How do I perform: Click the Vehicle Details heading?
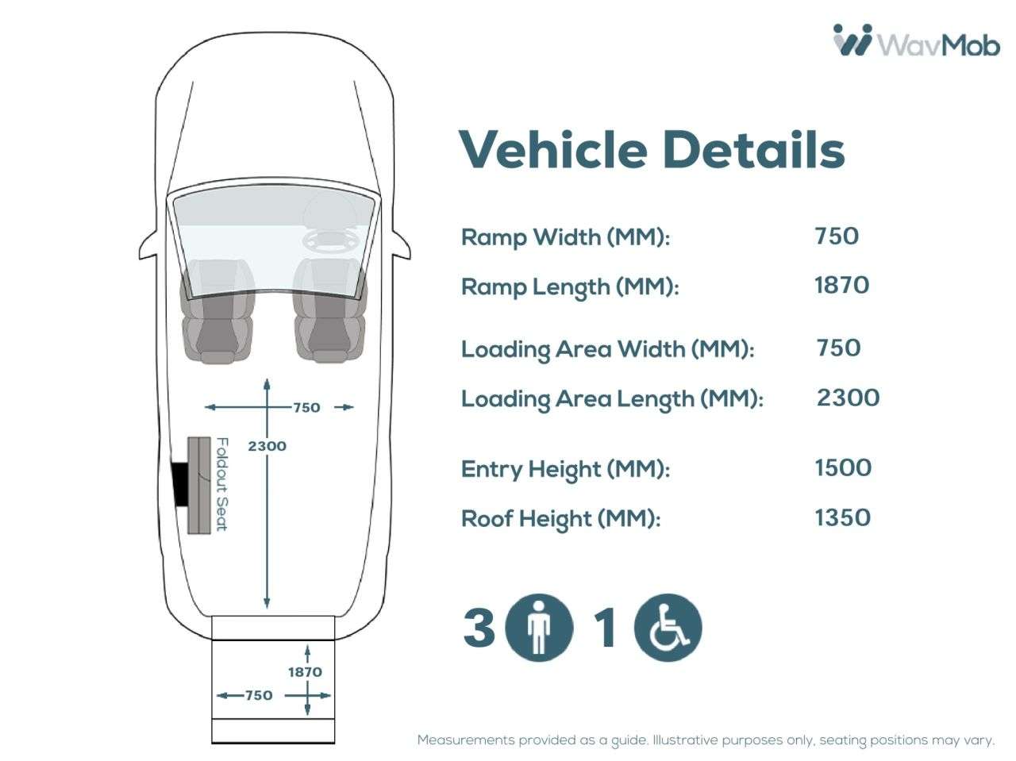[x=652, y=150]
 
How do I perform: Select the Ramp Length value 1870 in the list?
[x=841, y=285]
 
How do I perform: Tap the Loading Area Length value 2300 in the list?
[x=848, y=398]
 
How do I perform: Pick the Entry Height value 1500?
[x=843, y=467]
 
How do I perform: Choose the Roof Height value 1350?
[x=842, y=517]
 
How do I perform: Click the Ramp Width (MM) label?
[x=565, y=238]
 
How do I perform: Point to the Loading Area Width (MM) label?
[x=608, y=350]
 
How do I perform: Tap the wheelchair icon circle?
[x=668, y=628]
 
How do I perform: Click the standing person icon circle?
[x=539, y=628]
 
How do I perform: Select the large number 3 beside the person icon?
[x=479, y=628]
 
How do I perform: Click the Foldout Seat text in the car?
[x=222, y=484]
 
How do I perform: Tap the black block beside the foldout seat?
[x=179, y=483]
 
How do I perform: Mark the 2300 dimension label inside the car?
[x=267, y=446]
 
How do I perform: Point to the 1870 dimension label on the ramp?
[x=305, y=671]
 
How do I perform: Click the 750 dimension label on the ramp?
[x=259, y=695]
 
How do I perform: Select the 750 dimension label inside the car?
[x=306, y=408]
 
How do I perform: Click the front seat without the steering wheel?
[x=217, y=311]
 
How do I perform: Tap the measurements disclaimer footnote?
[x=706, y=740]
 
